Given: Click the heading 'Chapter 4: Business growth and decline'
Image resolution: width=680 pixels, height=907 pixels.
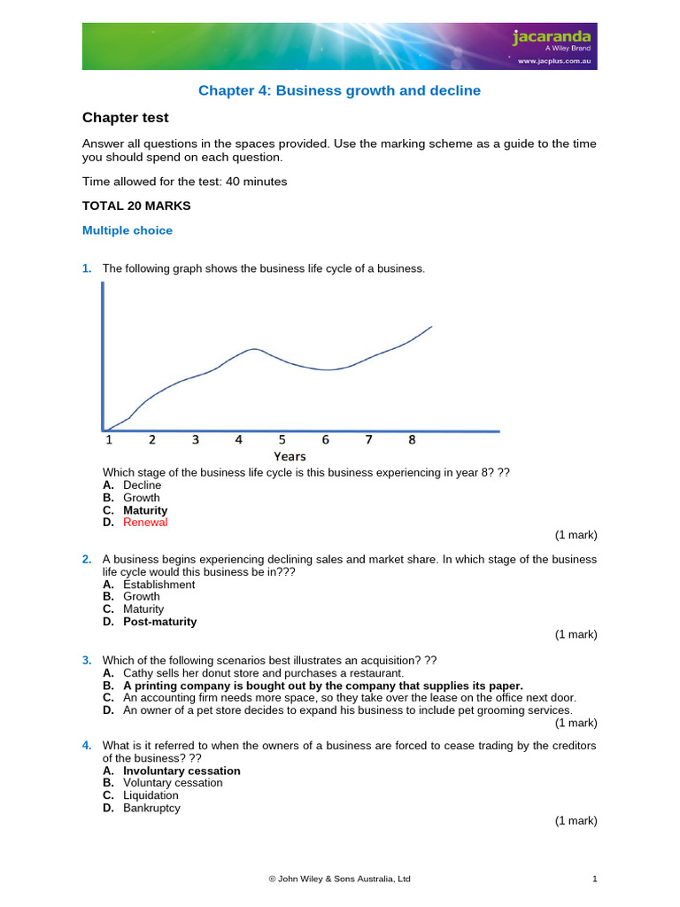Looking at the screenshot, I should [339, 90].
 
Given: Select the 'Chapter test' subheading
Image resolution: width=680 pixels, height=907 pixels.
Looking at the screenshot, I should [125, 118].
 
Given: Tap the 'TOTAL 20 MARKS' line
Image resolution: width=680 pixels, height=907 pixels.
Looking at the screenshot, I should [136, 205].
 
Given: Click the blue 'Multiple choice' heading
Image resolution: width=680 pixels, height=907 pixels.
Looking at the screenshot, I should [127, 230].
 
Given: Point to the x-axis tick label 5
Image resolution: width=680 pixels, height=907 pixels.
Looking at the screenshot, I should [282, 439].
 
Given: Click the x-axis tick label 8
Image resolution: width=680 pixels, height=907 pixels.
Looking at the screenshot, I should [412, 439].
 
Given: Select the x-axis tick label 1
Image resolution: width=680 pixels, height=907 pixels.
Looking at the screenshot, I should [109, 439].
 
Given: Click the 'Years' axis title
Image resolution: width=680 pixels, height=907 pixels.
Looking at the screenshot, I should [290, 456].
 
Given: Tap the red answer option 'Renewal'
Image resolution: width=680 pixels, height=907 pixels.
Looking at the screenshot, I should [145, 523].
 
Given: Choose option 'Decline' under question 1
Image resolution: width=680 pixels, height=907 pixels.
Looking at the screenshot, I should [142, 485].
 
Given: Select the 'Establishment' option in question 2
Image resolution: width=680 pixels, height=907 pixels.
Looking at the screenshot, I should [158, 585].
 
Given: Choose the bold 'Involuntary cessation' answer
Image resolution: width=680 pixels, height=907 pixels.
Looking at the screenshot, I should [182, 771].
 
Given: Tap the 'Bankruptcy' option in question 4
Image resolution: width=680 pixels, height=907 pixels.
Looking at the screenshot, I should [151, 808].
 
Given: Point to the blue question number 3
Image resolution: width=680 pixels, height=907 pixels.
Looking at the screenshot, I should [87, 660].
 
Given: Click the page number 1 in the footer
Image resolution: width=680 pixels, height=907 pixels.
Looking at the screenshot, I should [595, 879].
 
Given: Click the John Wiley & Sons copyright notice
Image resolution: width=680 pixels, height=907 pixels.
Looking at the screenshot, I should [339, 879].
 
